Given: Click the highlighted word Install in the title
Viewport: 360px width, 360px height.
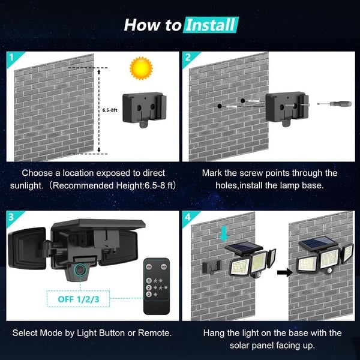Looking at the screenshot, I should tap(210, 25).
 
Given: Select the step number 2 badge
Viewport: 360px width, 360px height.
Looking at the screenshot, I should tap(188, 59).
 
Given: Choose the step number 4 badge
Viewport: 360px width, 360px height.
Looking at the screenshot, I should tap(188, 218).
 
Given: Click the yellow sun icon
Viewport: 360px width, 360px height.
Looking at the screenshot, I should tap(142, 68).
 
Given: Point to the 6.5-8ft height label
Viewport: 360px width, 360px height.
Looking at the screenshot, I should tap(109, 110).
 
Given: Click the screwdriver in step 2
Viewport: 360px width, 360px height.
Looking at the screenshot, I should tap(334, 104).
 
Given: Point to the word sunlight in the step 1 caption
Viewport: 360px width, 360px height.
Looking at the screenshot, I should tap(28, 185).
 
